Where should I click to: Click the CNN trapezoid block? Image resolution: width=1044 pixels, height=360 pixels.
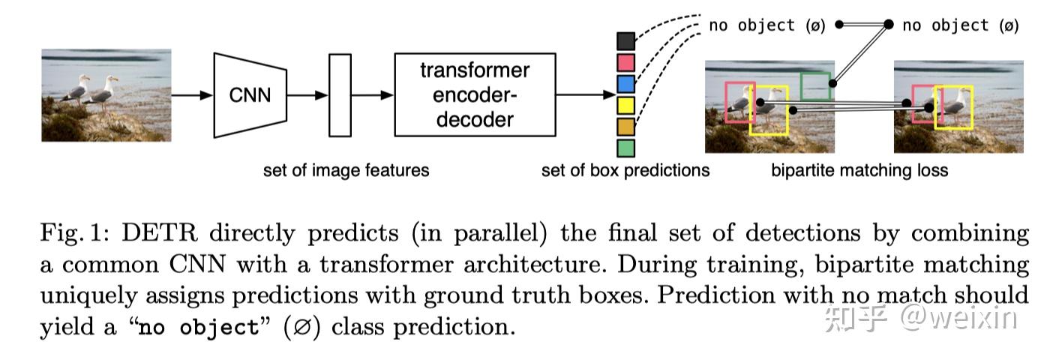(250, 95)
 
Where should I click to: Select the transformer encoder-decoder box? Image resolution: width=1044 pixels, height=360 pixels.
(475, 94)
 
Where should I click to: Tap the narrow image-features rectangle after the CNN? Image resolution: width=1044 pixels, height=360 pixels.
(340, 95)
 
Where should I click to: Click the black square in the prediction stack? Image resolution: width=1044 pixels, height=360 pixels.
(625, 40)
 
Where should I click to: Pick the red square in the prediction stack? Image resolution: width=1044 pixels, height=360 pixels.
(625, 61)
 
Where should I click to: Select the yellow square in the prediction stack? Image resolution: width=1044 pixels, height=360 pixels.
(625, 105)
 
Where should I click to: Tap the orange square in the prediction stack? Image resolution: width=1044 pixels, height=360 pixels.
(625, 126)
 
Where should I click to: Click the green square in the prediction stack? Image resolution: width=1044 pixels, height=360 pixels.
(625, 148)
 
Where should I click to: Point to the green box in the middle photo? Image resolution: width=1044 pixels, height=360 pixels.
(815, 86)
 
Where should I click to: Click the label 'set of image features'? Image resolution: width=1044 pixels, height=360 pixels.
(346, 170)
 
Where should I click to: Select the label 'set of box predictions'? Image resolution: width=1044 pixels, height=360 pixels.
(625, 170)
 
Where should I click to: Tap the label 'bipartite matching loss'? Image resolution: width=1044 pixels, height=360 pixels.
(859, 170)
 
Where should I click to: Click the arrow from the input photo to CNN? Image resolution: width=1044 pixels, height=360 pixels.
(192, 95)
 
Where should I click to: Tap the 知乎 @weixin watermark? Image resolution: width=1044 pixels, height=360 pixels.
(920, 318)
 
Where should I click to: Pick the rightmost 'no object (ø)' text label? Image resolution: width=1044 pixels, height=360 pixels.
(960, 25)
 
